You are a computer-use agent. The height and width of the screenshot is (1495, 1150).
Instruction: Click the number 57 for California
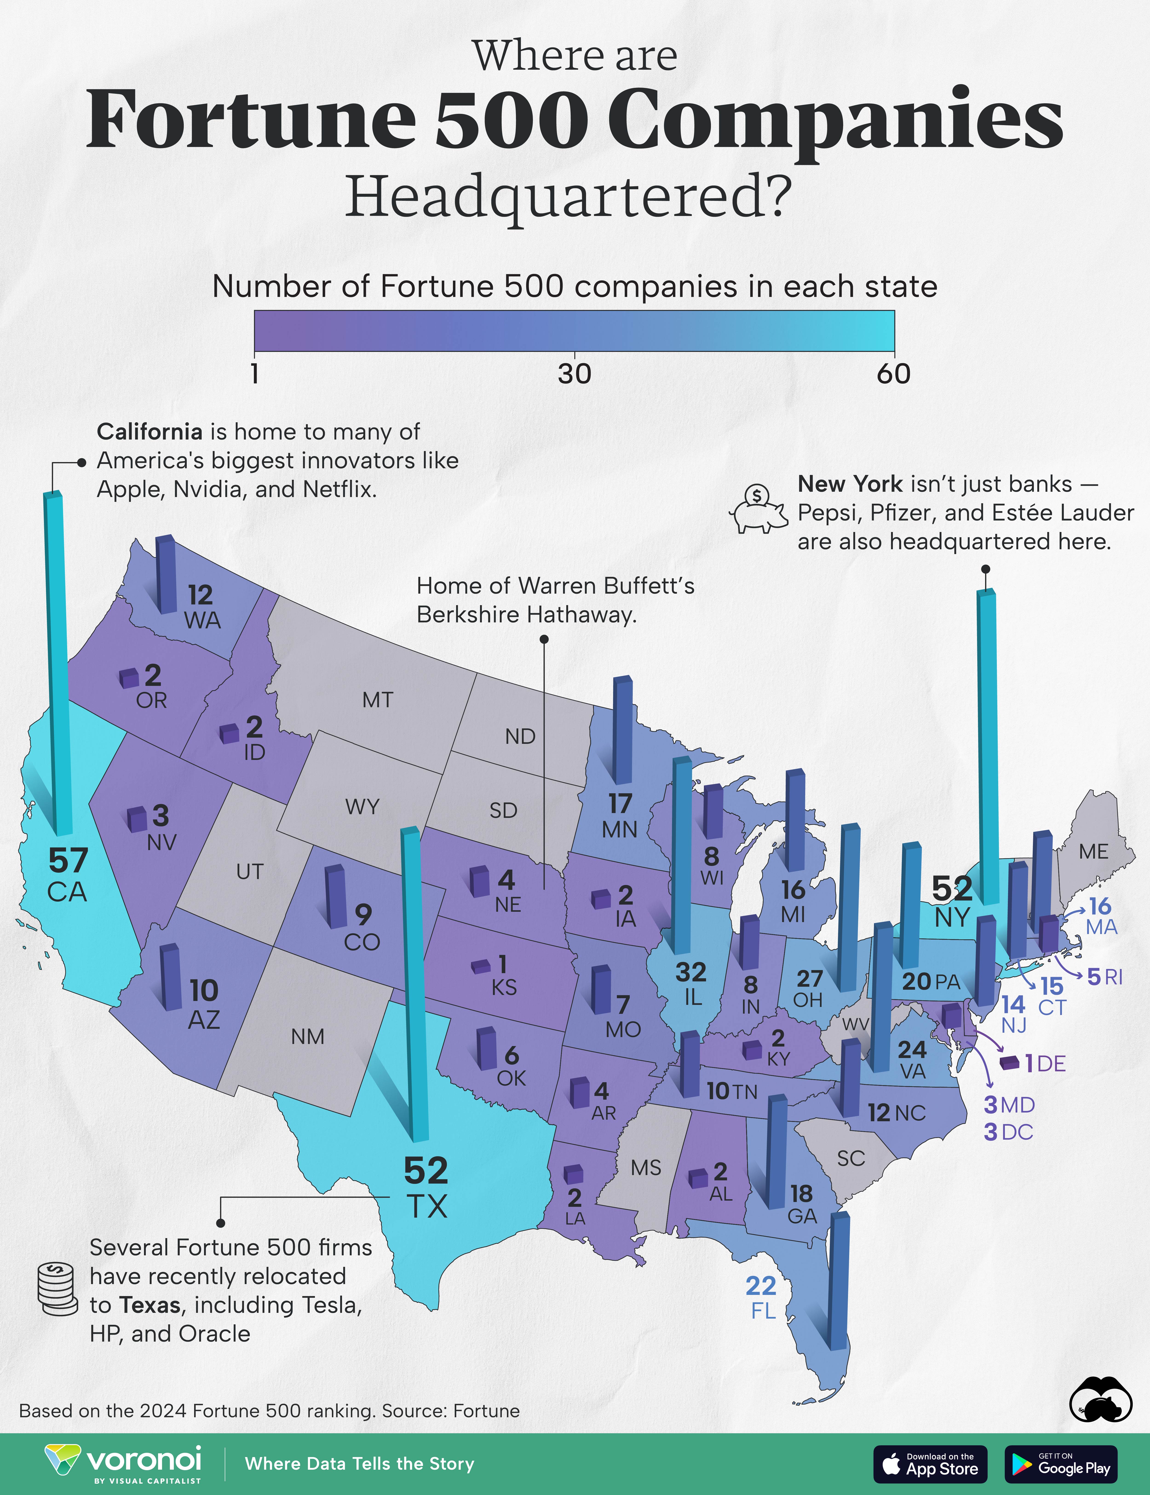pyautogui.click(x=68, y=860)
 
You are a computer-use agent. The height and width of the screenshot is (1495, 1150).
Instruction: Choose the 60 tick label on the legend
pyautogui.click(x=893, y=374)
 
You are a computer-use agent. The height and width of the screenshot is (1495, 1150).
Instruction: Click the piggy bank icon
pyautogui.click(x=759, y=510)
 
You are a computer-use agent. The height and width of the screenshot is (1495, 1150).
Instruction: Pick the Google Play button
pyautogui.click(x=1060, y=1464)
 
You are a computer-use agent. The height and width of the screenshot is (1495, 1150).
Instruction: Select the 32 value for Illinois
pyautogui.click(x=691, y=972)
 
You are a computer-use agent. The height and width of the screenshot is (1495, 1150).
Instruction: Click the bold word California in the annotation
pyautogui.click(x=149, y=432)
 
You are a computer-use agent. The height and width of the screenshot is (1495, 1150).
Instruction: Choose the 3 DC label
pyautogui.click(x=1008, y=1132)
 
